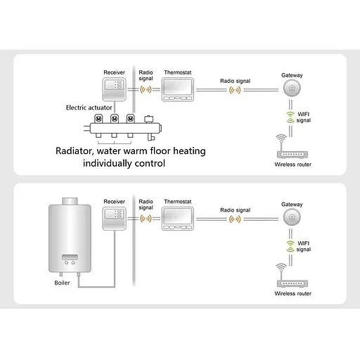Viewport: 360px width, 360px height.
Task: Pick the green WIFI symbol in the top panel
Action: pos(291,116)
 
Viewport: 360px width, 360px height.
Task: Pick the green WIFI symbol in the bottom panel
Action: pos(291,245)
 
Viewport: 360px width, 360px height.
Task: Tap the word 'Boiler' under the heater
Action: pos(63,283)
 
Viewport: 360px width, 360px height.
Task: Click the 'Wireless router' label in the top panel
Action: pos(292,165)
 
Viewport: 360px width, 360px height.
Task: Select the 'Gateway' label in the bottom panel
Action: pos(292,204)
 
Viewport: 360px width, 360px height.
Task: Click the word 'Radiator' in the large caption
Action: pos(81,150)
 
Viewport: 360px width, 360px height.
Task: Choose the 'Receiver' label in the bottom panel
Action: pos(114,202)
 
